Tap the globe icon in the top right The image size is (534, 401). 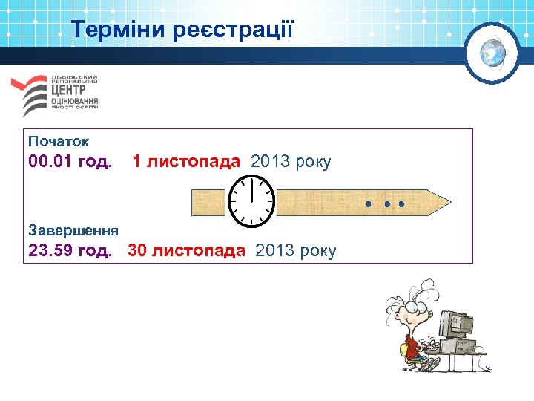(492, 53)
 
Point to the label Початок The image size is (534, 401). (59, 140)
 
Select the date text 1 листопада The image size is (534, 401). (186, 161)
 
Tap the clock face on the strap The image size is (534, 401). (251, 201)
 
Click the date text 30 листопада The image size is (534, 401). (186, 250)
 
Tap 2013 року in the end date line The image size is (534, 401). (295, 250)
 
